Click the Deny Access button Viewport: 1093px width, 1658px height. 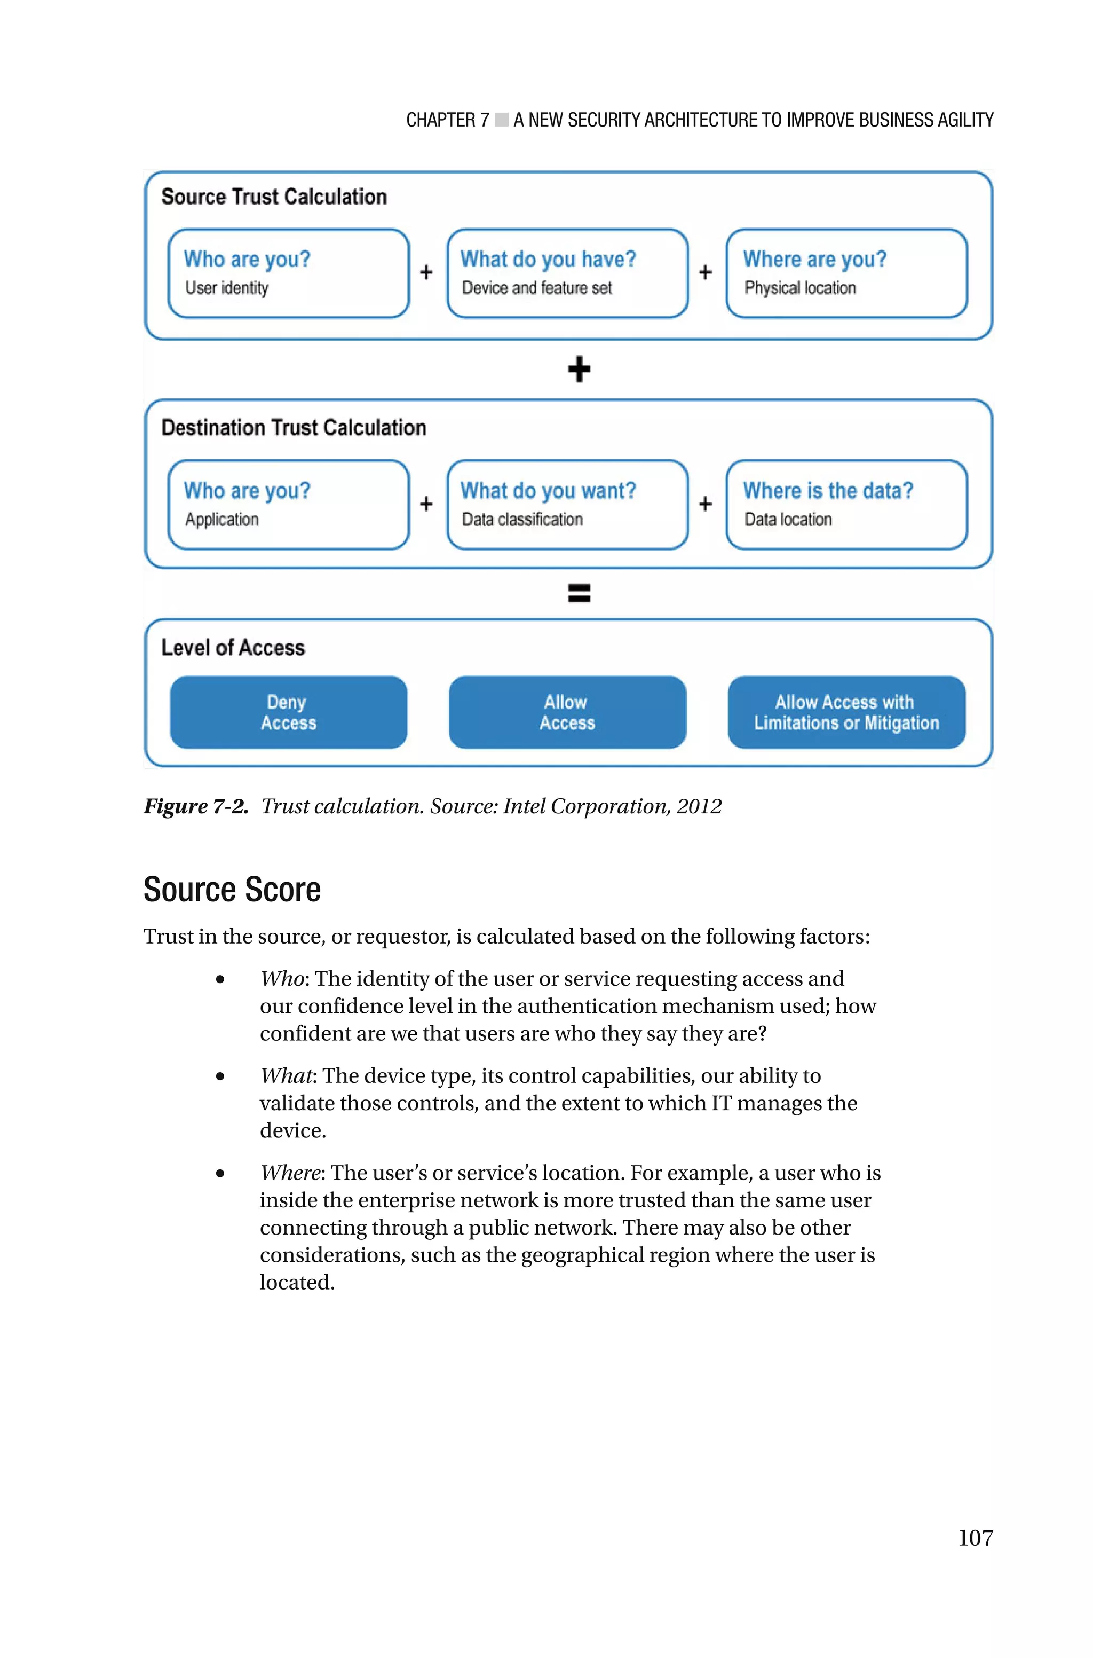coord(289,712)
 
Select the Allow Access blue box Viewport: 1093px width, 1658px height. coord(567,712)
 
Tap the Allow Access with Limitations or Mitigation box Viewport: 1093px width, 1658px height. coord(846,712)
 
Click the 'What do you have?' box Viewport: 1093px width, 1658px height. coord(567,273)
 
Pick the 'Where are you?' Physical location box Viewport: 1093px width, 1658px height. coord(846,273)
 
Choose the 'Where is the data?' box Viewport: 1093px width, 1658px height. coord(846,505)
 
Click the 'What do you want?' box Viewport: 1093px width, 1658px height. coord(567,505)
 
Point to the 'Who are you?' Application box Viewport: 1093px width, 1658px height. coord(289,505)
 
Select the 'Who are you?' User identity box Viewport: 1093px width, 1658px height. coord(289,273)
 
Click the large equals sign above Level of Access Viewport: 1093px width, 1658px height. coord(579,593)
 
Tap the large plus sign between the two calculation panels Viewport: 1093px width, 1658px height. coord(579,369)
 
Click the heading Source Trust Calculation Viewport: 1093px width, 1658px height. coord(274,197)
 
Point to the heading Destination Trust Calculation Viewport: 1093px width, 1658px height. coord(294,427)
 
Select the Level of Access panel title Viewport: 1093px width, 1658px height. coord(233,648)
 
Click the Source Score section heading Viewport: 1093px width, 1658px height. coord(232,890)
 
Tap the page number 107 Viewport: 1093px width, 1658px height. coord(975,1537)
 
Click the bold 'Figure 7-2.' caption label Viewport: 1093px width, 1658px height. coord(196,807)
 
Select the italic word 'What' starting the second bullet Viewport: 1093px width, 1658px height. coord(286,1076)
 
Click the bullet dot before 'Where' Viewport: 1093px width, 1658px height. coord(220,1174)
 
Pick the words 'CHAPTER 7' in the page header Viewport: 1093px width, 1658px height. coord(448,121)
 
